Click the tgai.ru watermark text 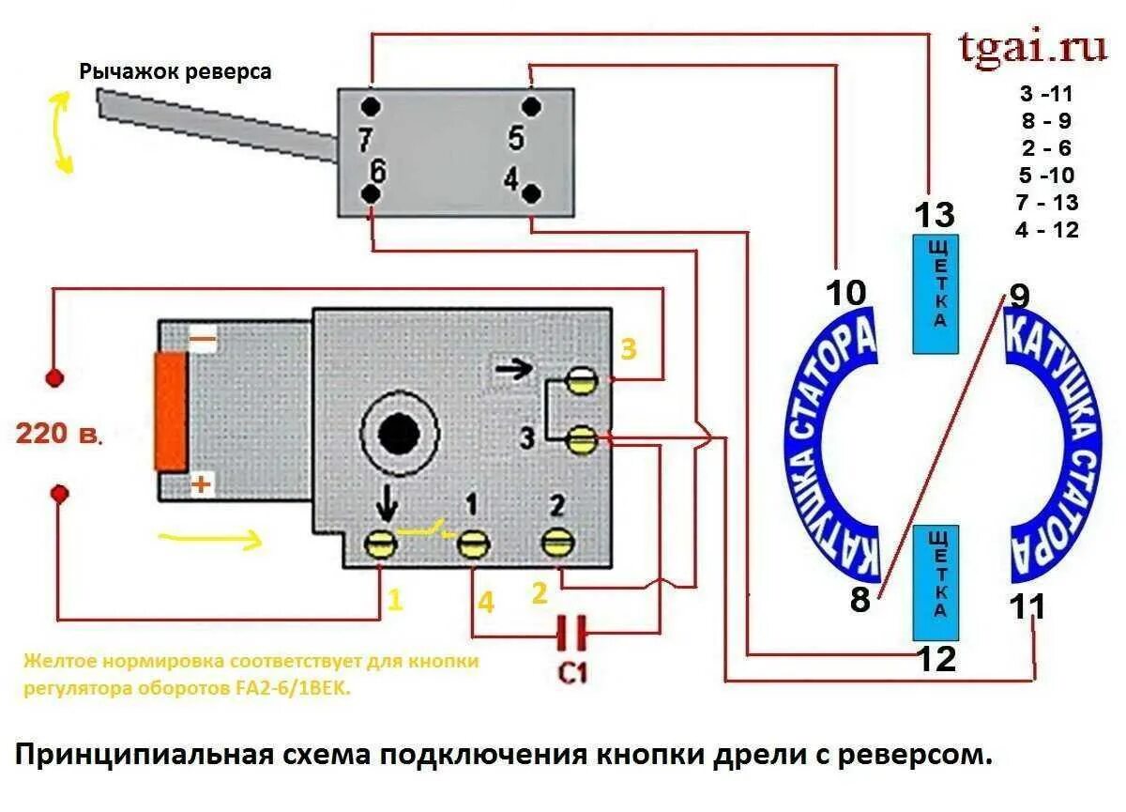pyautogui.click(x=1032, y=47)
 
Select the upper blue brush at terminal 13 pyautogui.click(x=936, y=294)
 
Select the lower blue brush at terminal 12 pyautogui.click(x=936, y=582)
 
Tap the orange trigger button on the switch pyautogui.click(x=170, y=411)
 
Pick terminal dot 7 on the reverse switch pyautogui.click(x=373, y=104)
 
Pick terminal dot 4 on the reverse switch pyautogui.click(x=531, y=194)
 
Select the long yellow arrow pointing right pyautogui.click(x=208, y=540)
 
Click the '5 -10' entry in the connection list pyautogui.click(x=1046, y=176)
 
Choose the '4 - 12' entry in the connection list pyautogui.click(x=1046, y=230)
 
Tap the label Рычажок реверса pyautogui.click(x=175, y=71)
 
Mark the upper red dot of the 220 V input pyautogui.click(x=55, y=378)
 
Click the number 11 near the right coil pyautogui.click(x=1027, y=607)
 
